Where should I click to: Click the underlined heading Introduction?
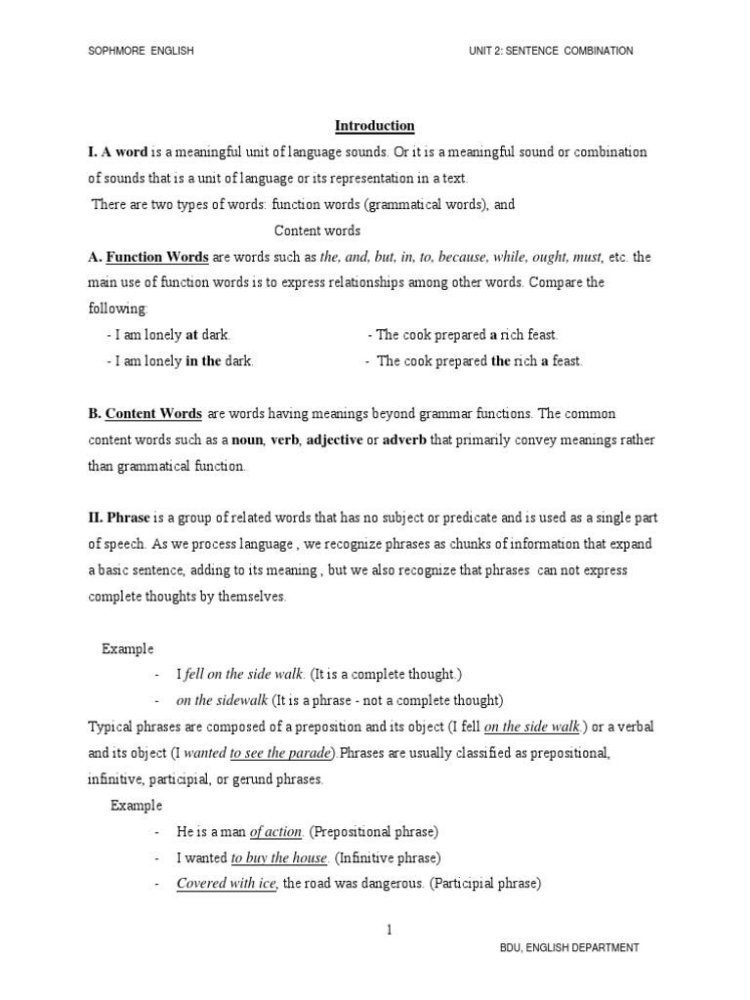375,126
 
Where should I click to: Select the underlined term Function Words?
156,257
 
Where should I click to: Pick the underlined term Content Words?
153,414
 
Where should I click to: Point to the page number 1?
388,930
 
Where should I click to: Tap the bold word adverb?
403,440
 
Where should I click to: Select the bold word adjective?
333,440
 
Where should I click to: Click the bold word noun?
248,440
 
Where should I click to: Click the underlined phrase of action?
276,832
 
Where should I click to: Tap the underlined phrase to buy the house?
278,858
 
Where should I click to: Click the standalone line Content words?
317,231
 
